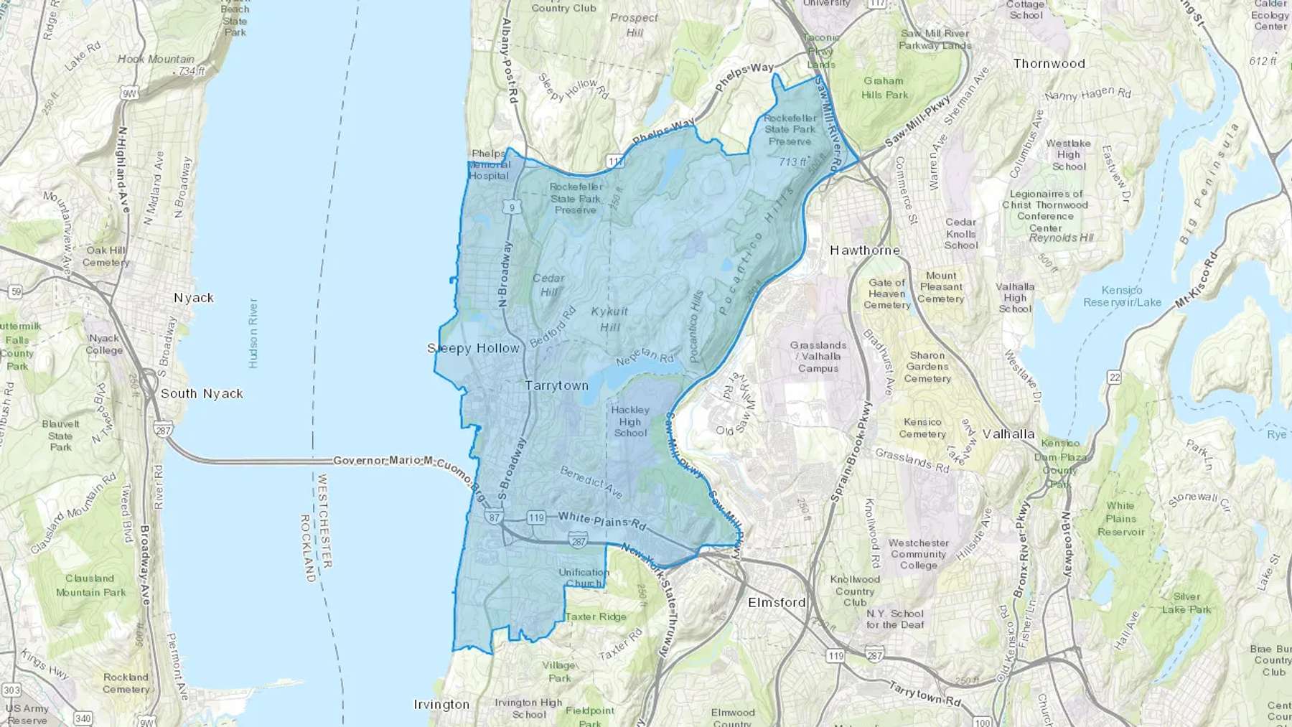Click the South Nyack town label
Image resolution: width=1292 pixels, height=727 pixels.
[x=202, y=393]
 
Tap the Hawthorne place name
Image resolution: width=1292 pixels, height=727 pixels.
[x=864, y=250]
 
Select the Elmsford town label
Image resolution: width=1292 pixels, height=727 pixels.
[x=777, y=602]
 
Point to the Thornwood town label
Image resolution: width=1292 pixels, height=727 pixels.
[x=1049, y=63]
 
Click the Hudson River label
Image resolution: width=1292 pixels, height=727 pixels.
[x=253, y=333]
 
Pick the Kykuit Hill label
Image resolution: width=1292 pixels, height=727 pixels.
[x=609, y=319]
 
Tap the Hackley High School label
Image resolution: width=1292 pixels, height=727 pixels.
[x=629, y=421]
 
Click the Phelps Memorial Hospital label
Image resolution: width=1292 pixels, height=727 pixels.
[x=489, y=164]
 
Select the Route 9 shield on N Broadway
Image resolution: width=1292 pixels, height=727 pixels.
[x=512, y=208]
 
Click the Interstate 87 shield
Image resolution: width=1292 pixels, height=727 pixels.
[x=493, y=517]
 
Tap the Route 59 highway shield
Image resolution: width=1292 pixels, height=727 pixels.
[x=15, y=291]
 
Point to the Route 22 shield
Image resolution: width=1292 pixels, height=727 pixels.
[x=1114, y=377]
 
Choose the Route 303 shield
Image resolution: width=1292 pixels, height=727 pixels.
[x=11, y=690]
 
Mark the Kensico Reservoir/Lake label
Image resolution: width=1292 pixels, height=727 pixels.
[x=1121, y=296]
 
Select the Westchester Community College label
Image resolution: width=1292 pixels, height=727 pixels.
[x=918, y=554]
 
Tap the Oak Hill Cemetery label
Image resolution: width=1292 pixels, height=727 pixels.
[x=106, y=256]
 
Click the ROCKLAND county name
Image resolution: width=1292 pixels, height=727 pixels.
[x=306, y=547]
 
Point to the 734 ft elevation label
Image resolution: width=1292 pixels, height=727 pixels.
[x=192, y=71]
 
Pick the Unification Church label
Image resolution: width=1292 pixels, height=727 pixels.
[x=584, y=578]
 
